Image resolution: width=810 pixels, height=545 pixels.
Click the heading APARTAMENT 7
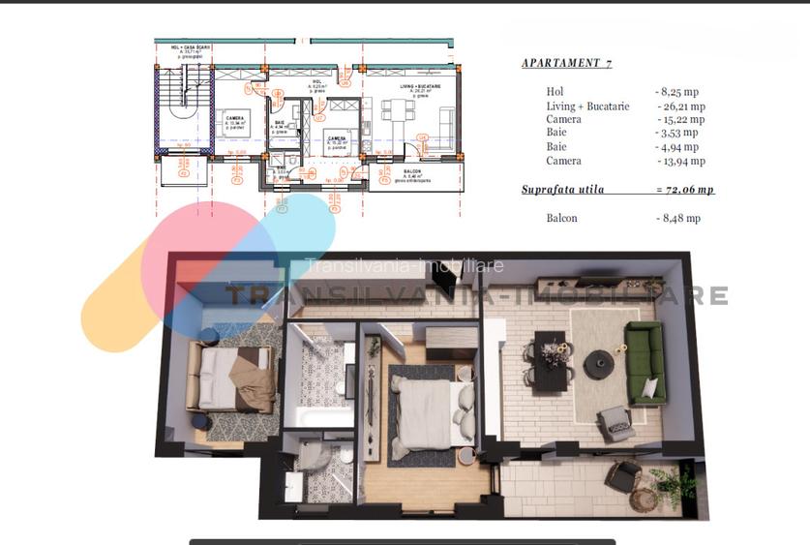click(566, 63)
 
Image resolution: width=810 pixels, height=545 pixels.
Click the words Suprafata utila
click(562, 190)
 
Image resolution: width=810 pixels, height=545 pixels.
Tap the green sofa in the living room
click(643, 361)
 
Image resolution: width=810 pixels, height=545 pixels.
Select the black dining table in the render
click(551, 361)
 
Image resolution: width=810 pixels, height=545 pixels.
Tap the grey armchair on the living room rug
click(615, 423)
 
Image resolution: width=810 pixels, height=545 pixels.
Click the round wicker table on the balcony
click(643, 500)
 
